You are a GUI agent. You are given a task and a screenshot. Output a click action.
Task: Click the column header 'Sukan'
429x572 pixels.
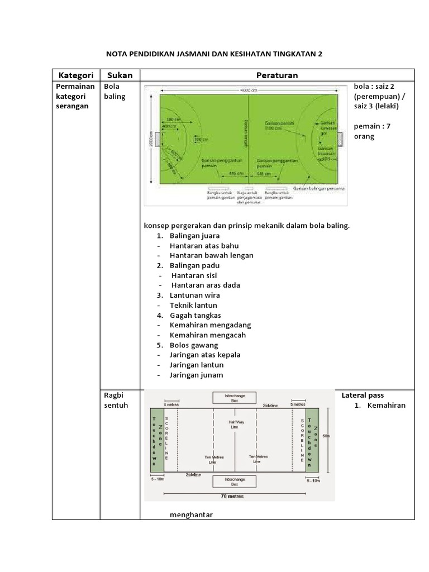point(120,75)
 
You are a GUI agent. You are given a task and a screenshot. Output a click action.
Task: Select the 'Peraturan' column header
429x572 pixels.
point(277,75)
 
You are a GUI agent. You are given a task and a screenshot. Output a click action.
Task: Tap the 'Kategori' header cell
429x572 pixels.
point(75,75)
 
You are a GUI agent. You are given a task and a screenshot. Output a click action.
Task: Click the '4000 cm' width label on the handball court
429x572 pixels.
point(249,89)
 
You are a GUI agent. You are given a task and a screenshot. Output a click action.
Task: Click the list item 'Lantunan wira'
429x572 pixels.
point(195,295)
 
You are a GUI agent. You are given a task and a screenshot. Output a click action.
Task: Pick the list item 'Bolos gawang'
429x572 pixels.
point(194,345)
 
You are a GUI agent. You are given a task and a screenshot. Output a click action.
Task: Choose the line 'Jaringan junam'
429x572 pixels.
point(197,375)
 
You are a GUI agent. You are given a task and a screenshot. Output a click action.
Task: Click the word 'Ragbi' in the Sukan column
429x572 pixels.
point(113,395)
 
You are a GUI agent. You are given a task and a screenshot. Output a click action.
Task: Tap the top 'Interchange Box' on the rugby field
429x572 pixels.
point(234,398)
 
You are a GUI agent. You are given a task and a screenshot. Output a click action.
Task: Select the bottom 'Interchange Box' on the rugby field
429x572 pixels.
point(234,481)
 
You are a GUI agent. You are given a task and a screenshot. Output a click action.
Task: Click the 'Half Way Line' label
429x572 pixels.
point(233,424)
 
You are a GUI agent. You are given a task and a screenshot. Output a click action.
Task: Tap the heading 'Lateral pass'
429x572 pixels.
point(363,395)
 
